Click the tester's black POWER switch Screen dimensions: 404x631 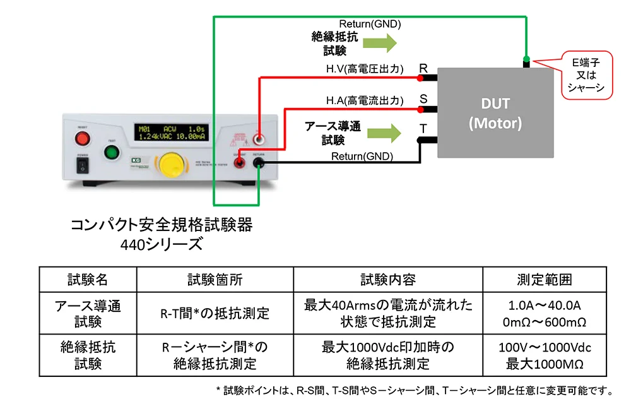click(x=82, y=165)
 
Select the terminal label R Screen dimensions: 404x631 click(x=423, y=68)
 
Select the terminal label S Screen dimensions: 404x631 click(x=423, y=99)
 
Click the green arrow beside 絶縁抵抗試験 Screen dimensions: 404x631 click(x=381, y=43)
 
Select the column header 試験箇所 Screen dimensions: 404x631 click(x=215, y=279)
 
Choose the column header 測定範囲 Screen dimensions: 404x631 click(x=545, y=279)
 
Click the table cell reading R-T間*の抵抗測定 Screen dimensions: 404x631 click(x=215, y=313)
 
